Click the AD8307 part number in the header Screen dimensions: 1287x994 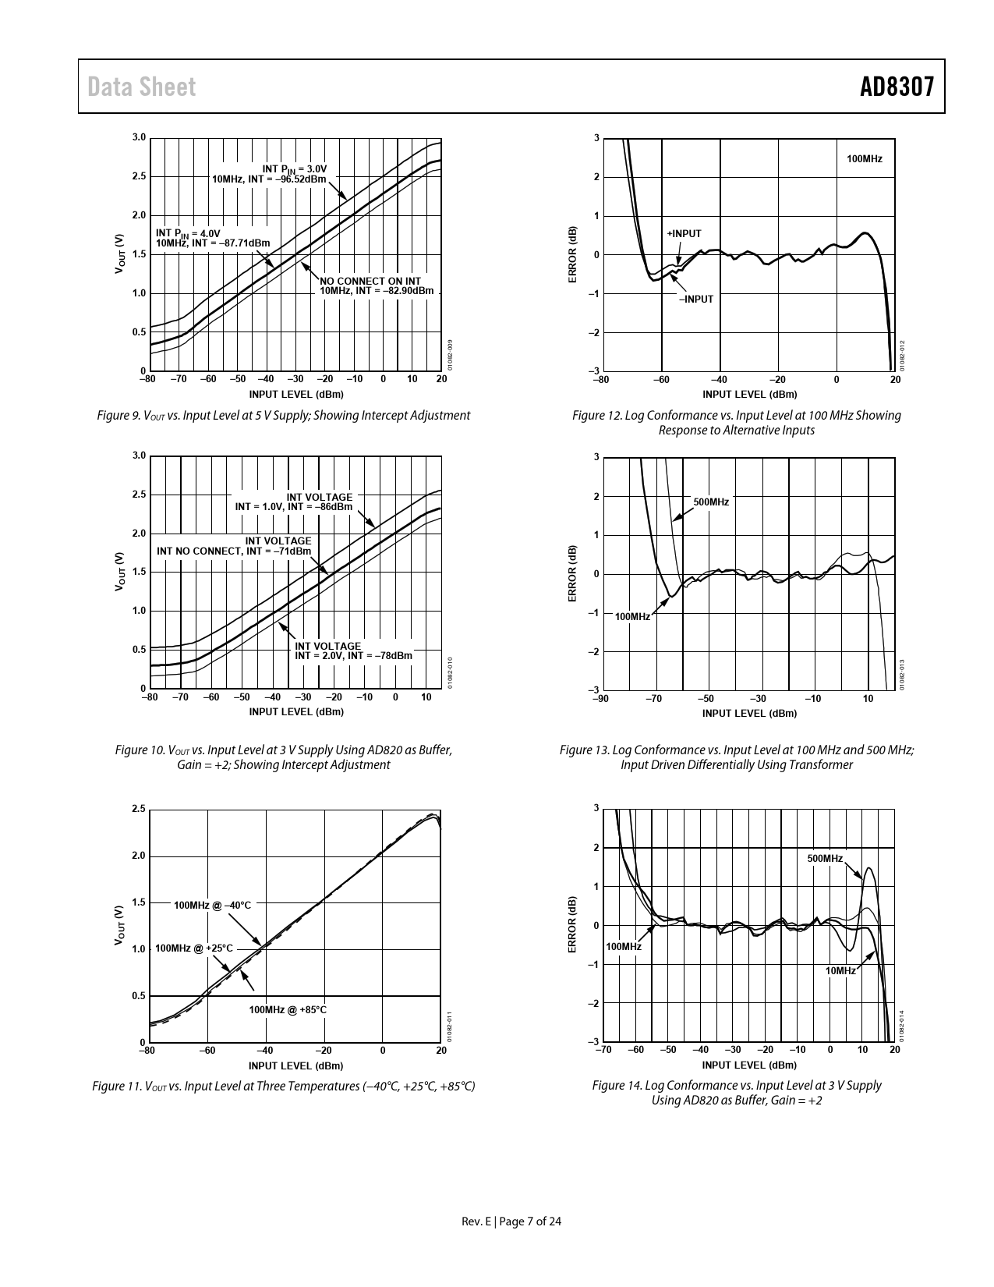point(897,87)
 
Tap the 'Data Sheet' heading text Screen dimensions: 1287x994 point(142,87)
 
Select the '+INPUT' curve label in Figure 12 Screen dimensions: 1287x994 point(684,234)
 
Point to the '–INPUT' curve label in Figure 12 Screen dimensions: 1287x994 point(695,299)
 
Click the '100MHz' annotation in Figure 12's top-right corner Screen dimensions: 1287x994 point(865,159)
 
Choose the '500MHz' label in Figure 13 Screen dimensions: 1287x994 point(711,502)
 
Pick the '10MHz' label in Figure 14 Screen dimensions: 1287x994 point(840,971)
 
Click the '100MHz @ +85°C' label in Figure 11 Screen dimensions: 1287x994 point(288,1010)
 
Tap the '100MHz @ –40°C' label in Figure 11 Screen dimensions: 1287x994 point(212,906)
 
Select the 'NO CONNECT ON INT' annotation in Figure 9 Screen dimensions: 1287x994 point(370,281)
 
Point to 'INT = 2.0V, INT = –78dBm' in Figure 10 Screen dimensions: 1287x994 point(353,656)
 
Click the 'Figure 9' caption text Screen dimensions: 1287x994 point(283,416)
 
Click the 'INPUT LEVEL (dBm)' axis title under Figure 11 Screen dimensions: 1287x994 point(296,1065)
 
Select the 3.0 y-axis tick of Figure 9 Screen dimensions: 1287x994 point(139,138)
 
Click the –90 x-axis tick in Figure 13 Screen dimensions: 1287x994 point(600,699)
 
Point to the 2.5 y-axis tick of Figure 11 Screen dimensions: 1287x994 point(139,809)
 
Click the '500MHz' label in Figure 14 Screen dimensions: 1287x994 point(825,859)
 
